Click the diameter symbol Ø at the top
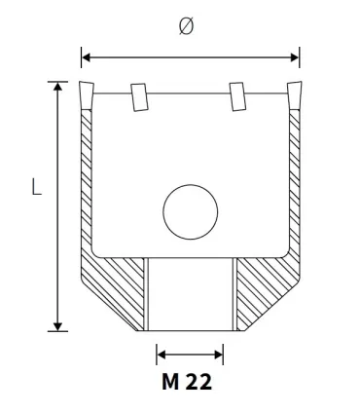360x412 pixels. click(187, 26)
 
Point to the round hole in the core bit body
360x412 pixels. click(191, 211)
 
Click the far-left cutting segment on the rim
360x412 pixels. click(87, 95)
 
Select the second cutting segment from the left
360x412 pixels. click(139, 95)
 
